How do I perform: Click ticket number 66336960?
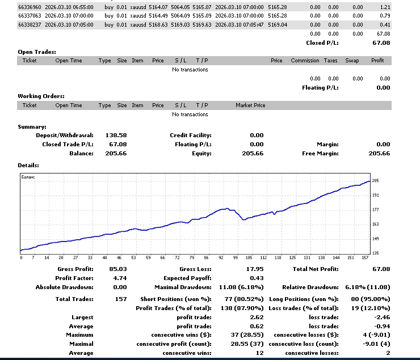(x=30, y=7)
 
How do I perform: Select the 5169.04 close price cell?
(x=278, y=25)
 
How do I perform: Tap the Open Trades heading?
(x=37, y=52)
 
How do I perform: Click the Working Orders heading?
(x=41, y=96)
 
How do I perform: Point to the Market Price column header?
(x=250, y=105)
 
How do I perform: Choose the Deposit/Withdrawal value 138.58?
(x=116, y=135)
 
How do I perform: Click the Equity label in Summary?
(x=201, y=154)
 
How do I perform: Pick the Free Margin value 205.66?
(x=379, y=154)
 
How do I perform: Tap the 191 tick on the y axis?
(x=376, y=195)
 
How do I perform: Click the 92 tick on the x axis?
(x=221, y=257)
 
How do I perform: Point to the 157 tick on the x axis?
(x=365, y=257)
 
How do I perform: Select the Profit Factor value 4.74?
(x=120, y=278)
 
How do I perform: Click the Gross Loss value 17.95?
(x=255, y=269)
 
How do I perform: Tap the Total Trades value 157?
(x=121, y=299)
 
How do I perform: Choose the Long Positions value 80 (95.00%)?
(x=371, y=299)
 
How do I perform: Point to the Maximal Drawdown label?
(x=183, y=287)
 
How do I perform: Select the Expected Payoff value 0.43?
(x=257, y=278)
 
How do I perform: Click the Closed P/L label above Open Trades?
(x=322, y=43)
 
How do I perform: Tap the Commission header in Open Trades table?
(x=305, y=61)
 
